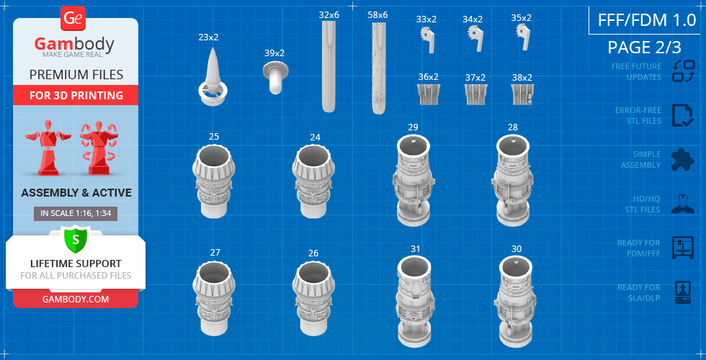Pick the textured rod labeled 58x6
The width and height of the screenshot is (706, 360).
pyautogui.click(x=379, y=68)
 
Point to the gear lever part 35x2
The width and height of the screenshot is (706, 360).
pyautogui.click(x=523, y=37)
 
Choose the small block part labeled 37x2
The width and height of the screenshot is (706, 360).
pyautogui.click(x=475, y=94)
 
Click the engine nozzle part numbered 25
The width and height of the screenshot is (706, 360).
pyautogui.click(x=215, y=180)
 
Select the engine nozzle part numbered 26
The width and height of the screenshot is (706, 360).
pyautogui.click(x=314, y=297)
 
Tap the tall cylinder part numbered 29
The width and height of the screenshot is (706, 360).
pyautogui.click(x=414, y=180)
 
